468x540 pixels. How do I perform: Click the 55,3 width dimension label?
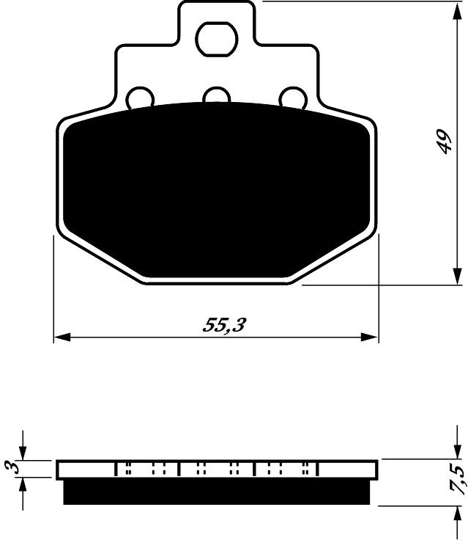click(x=224, y=325)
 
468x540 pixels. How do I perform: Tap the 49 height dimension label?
click(x=442, y=142)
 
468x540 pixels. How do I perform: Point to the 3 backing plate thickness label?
click(x=12, y=467)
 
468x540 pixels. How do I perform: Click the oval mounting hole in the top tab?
click(x=217, y=40)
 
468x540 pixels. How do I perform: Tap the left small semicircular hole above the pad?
click(x=140, y=98)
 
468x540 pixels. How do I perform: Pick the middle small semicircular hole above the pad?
click(x=216, y=95)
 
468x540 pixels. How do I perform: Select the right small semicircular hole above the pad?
click(x=293, y=98)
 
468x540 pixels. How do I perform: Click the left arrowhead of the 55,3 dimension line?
click(x=62, y=337)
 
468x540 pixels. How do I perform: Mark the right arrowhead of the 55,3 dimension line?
click(x=369, y=337)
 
